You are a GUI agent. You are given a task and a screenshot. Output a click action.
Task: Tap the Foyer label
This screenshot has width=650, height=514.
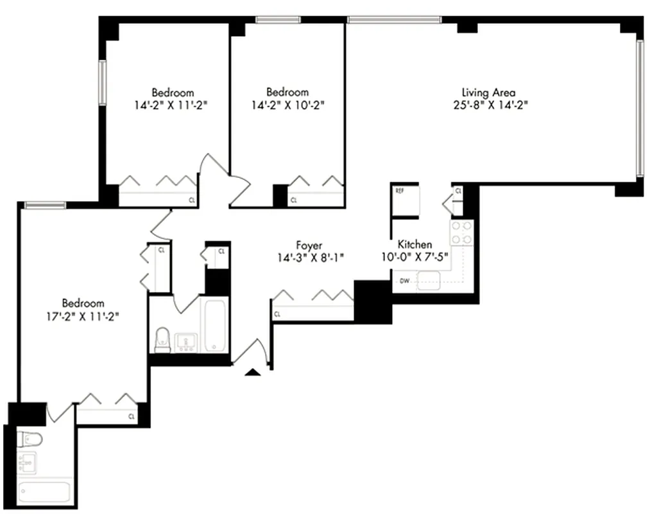[309, 245]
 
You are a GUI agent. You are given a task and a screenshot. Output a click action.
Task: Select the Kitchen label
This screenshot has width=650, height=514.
[415, 244]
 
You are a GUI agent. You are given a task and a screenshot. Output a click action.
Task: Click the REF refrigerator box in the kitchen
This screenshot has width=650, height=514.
[405, 202]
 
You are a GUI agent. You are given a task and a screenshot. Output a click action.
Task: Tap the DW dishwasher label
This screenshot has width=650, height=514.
[404, 281]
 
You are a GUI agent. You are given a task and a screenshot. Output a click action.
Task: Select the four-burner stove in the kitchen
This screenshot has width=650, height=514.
[461, 233]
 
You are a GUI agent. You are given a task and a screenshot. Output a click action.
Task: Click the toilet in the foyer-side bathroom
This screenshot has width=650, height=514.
[162, 339]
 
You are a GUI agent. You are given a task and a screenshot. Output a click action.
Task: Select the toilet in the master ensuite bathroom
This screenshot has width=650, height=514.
[30, 439]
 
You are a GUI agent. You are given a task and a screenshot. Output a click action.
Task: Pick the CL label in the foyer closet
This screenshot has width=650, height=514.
[277, 314]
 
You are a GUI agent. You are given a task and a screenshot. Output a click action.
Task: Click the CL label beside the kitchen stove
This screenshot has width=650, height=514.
[458, 191]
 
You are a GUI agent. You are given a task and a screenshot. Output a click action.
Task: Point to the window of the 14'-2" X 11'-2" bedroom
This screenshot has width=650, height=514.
[101, 82]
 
